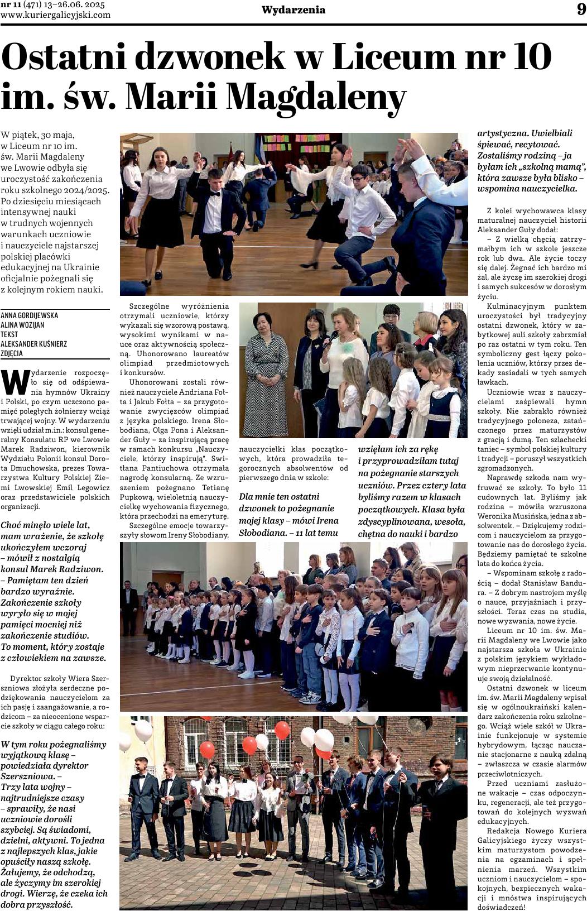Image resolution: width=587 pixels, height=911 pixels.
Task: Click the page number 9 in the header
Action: pyautogui.click(x=581, y=10)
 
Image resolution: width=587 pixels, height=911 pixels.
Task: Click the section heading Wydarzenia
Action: pyautogui.click(x=293, y=10)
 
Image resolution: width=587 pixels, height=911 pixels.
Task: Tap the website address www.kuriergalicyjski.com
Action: pyautogui.click(x=56, y=15)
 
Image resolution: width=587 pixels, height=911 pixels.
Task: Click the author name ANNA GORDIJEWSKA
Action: pyautogui.click(x=30, y=315)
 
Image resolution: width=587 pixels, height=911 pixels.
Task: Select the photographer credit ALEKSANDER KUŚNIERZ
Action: pyautogui.click(x=34, y=344)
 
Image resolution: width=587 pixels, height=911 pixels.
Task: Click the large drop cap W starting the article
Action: pyautogui.click(x=15, y=381)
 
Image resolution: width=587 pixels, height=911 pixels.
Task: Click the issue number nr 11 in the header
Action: pyautogui.click(x=12, y=4)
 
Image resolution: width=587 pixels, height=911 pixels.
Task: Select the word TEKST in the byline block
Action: pyautogui.click(x=11, y=334)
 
